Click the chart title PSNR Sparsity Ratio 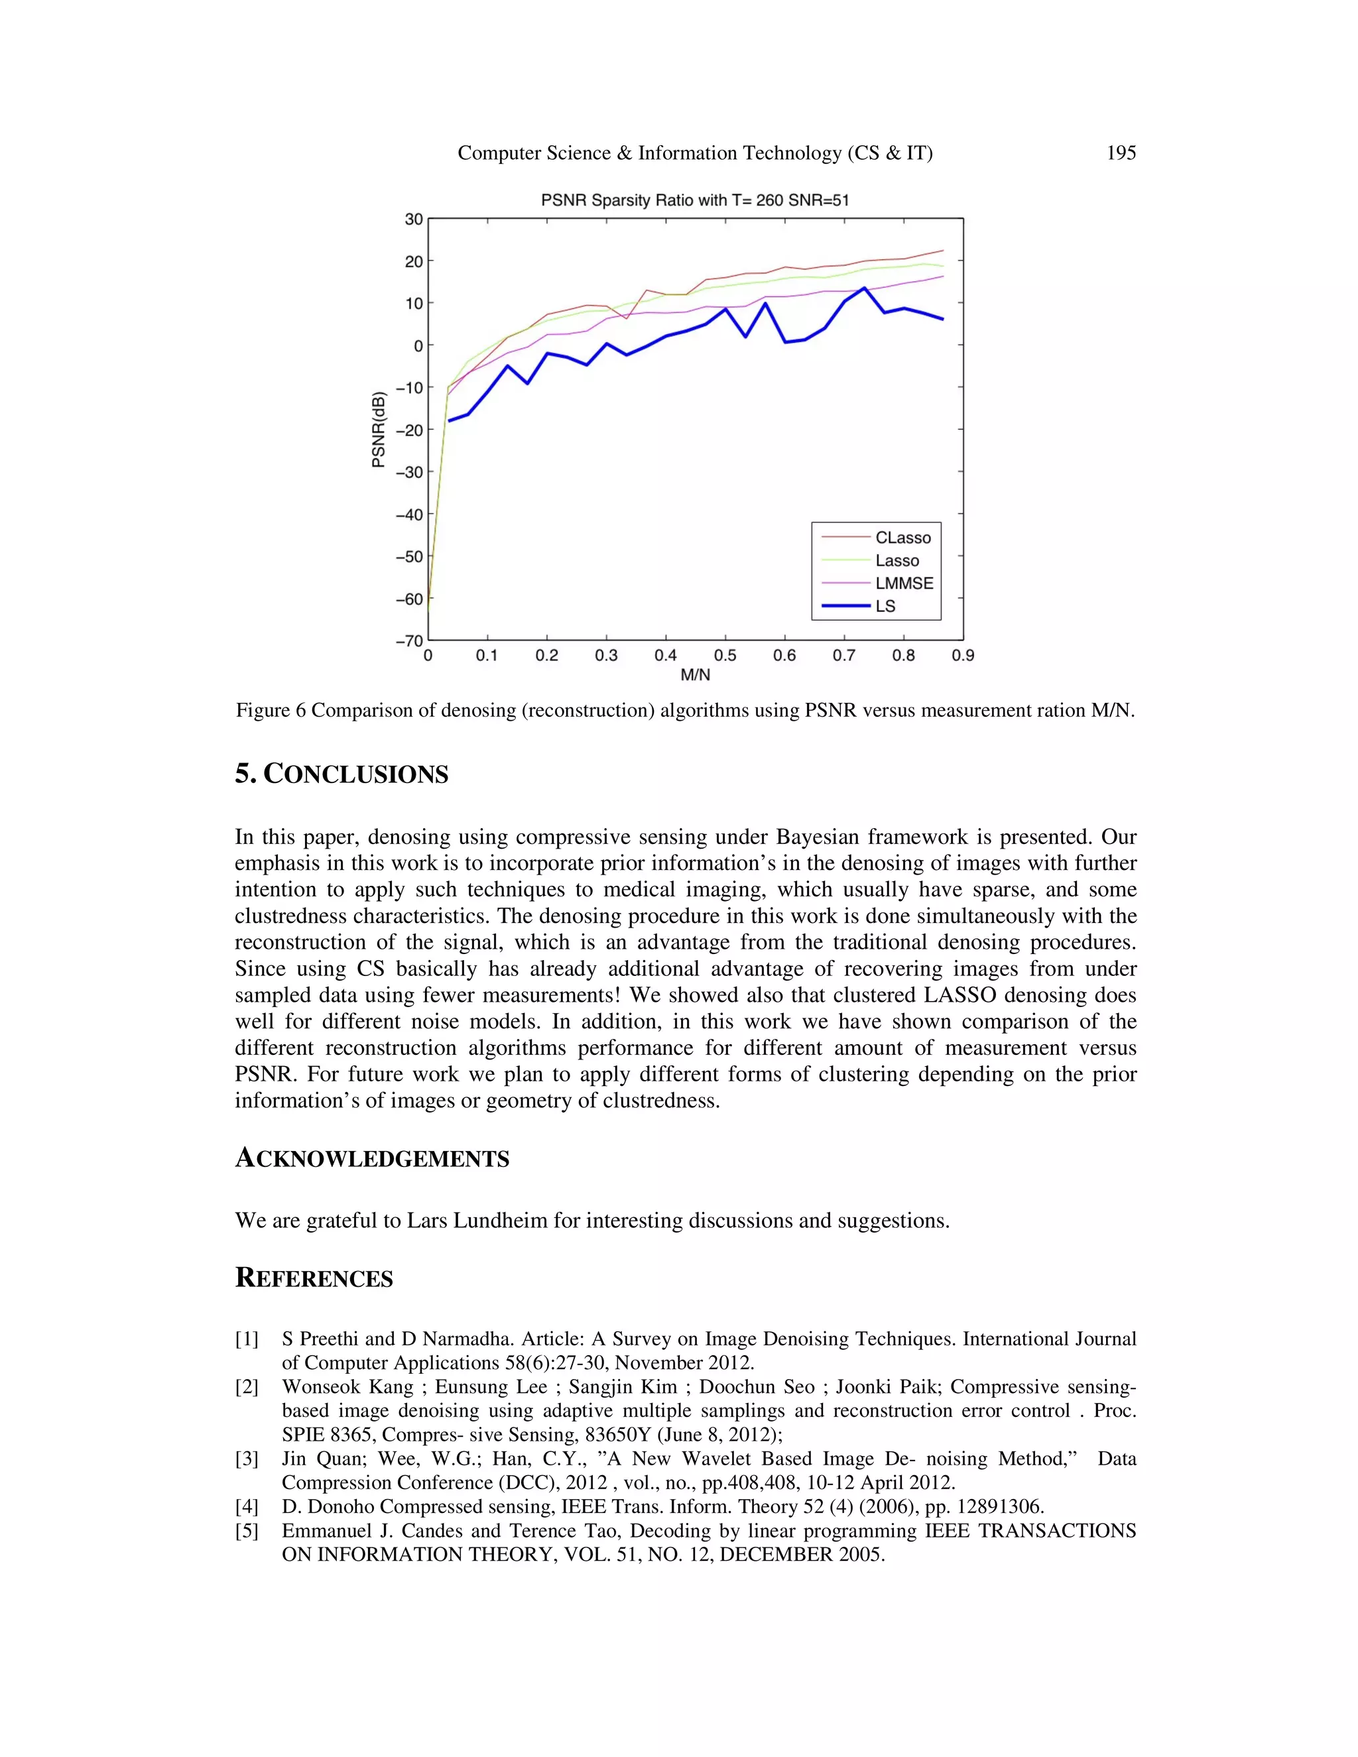tap(694, 200)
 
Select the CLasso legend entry tap(902, 538)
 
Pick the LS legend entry tap(885, 606)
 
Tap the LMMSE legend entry tap(904, 583)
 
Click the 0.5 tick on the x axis tap(725, 656)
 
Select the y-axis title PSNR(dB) tap(378, 430)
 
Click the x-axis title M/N tap(695, 675)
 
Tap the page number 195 tap(1121, 153)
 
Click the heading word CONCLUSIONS tap(355, 774)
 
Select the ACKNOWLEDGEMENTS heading tap(372, 1158)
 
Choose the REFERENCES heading tap(314, 1278)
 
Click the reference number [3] tap(246, 1459)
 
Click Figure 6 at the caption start tap(271, 710)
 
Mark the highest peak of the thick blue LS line tap(864, 288)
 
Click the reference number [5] tap(246, 1530)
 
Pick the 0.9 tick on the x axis tap(962, 656)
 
